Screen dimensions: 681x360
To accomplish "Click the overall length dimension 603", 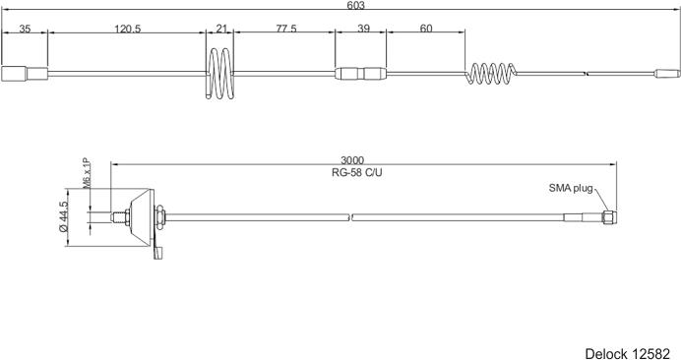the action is [355, 5].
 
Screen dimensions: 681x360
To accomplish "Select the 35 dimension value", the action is [25, 29].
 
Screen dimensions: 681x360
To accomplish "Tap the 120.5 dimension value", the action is [128, 29].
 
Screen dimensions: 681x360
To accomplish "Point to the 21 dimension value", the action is [221, 29].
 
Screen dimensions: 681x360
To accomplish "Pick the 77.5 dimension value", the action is [286, 29].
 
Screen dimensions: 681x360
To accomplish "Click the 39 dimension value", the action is [363, 29].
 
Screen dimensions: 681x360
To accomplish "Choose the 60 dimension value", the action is [426, 29].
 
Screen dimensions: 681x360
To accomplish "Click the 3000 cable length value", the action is [352, 161].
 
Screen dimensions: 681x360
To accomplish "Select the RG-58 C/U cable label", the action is [357, 172].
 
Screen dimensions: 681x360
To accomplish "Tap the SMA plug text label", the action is [571, 188].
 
